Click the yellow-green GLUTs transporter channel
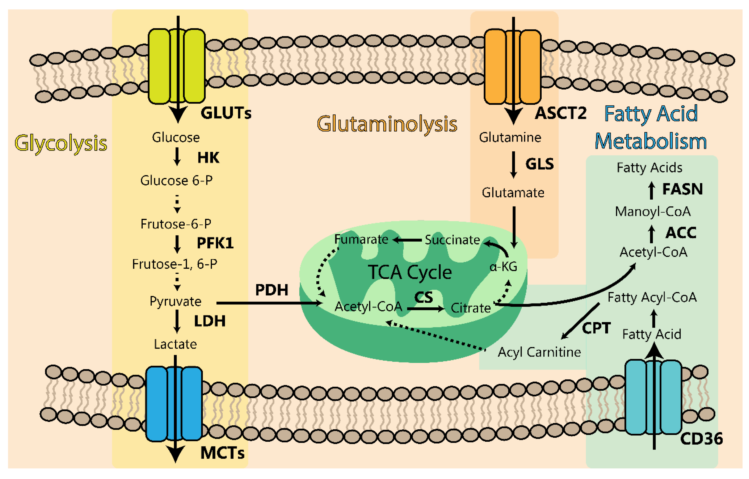tap(177, 66)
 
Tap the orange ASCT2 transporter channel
tap(513, 67)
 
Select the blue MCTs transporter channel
tap(174, 404)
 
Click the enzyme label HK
tap(208, 158)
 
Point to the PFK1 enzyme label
tap(215, 243)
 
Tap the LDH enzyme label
tap(210, 321)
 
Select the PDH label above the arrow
tap(272, 290)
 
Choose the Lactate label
tap(175, 344)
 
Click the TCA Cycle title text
tap(410, 273)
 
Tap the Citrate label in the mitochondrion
tap(471, 308)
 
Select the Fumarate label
tap(361, 239)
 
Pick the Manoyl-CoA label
tap(653, 212)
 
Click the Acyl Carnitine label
tap(539, 352)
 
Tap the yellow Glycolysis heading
tap(61, 144)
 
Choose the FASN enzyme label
tap(682, 189)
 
